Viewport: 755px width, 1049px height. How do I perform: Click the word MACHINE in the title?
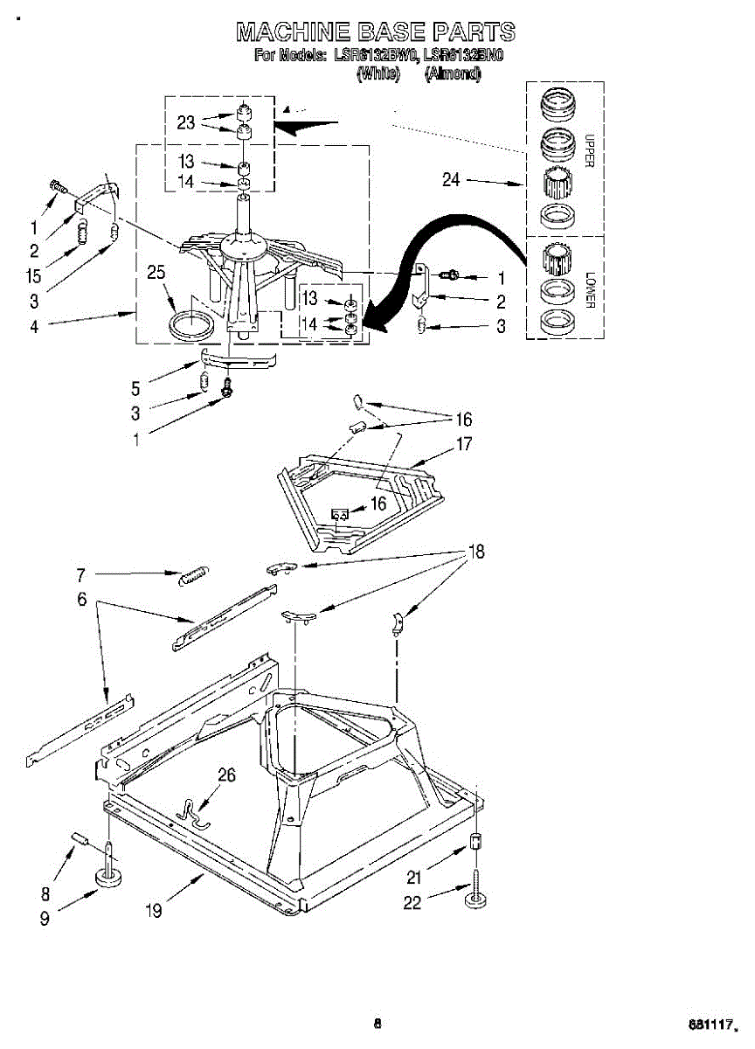point(293,33)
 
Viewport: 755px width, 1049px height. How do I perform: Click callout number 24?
point(451,180)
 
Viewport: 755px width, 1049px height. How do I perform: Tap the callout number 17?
point(464,444)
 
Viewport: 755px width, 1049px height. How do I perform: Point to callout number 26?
point(225,775)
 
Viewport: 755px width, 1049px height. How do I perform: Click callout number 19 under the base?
point(153,910)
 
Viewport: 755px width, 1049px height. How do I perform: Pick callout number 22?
point(412,902)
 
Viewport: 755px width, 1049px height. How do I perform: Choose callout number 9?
point(43,918)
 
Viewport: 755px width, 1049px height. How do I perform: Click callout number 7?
point(80,574)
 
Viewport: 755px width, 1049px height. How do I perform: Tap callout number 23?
point(186,122)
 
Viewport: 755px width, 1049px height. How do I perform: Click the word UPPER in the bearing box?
point(589,150)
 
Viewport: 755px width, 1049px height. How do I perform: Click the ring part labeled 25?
point(190,325)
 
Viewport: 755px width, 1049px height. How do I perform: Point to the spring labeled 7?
point(192,576)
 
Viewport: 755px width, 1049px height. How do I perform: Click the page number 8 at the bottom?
point(377,1024)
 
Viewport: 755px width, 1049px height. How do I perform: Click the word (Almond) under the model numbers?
point(453,75)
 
